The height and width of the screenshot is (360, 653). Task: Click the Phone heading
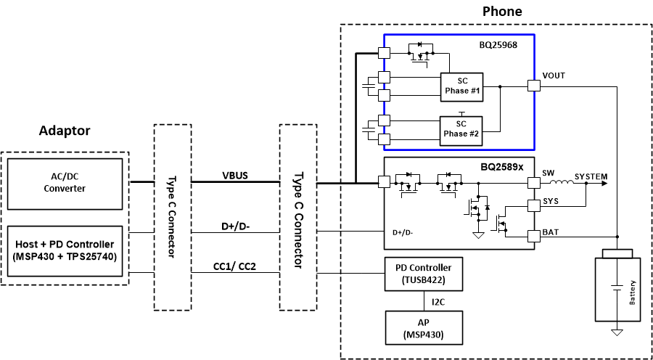tap(502, 12)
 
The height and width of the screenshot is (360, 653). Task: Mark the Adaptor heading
tap(65, 131)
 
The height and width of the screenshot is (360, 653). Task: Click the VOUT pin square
tap(534, 86)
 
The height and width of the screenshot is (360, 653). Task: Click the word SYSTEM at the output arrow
tap(591, 176)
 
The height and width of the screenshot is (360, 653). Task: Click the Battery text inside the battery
tap(633, 293)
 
